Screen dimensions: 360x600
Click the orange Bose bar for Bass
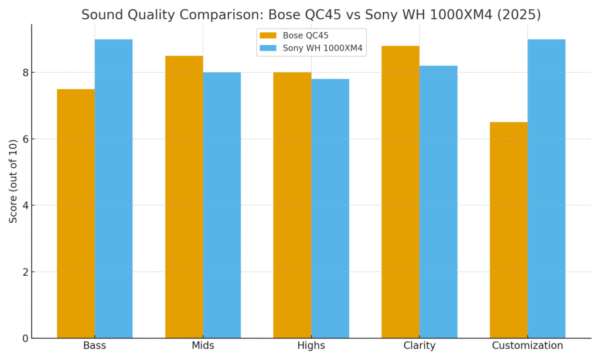coord(76,213)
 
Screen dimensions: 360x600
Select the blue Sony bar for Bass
coord(114,189)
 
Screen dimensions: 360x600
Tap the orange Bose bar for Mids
coord(184,197)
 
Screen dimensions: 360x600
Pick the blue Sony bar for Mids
coord(221,205)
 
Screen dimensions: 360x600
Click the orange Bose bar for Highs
coord(292,205)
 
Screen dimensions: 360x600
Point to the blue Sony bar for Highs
coord(330,209)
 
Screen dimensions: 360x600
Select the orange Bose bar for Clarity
coord(400,192)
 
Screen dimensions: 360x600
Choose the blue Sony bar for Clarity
coord(438,202)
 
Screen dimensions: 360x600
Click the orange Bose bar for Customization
coord(509,230)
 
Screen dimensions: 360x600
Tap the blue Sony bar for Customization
coord(546,189)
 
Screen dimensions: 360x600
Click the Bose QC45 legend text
coord(305,36)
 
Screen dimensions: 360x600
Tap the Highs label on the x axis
coord(311,346)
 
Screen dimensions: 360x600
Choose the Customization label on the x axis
coord(527,346)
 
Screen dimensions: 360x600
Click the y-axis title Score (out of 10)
coord(13,181)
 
